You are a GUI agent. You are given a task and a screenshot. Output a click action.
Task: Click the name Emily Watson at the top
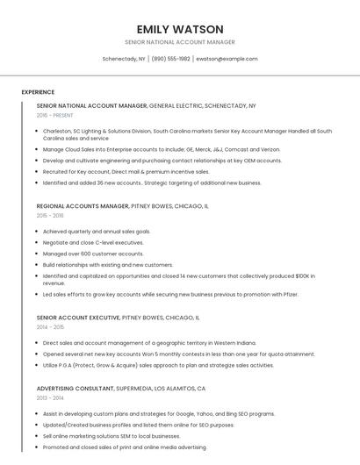tap(180, 29)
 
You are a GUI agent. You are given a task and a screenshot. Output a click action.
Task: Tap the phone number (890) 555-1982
tap(170, 59)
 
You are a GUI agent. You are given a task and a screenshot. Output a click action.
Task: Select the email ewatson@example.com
tap(227, 59)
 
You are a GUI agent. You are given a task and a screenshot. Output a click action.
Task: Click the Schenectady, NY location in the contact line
tap(124, 59)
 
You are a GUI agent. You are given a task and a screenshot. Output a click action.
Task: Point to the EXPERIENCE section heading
tap(38, 92)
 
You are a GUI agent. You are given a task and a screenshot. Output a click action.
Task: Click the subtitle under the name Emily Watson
tap(180, 42)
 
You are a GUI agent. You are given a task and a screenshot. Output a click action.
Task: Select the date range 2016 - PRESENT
tap(56, 115)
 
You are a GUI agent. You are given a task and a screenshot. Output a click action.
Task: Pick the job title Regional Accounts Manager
tap(83, 205)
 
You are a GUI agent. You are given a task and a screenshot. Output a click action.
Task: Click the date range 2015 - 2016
tap(50, 215)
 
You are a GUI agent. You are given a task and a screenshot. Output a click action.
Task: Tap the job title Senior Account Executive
tap(78, 317)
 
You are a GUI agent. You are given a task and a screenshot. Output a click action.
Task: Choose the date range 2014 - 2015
tap(50, 326)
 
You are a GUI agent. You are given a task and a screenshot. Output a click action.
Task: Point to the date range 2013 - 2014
tap(50, 397)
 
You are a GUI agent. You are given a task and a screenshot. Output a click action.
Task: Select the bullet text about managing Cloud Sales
tap(161, 149)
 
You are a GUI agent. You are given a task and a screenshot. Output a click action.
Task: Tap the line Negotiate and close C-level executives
tap(93, 242)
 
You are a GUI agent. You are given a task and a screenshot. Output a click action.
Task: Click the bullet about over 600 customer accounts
tap(93, 254)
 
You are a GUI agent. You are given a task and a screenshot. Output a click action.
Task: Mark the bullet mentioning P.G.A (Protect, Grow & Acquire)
tap(158, 365)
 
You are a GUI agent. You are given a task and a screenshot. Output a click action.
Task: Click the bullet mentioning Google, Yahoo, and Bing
tap(158, 413)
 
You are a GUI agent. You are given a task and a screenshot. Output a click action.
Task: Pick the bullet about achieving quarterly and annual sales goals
tap(97, 232)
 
